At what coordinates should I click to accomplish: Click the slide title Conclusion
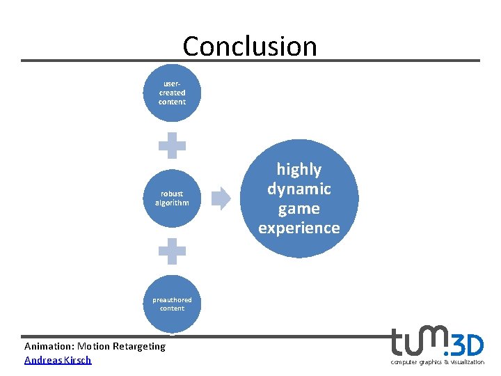(x=250, y=46)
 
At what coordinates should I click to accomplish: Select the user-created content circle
(x=172, y=93)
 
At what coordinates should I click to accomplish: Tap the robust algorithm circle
(x=172, y=198)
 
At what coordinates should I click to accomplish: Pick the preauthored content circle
(x=172, y=304)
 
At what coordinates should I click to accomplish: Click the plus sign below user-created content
(x=172, y=146)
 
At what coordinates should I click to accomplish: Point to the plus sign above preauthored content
(x=172, y=251)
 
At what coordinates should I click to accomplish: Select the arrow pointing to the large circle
(x=221, y=198)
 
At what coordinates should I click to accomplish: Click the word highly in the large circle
(x=299, y=169)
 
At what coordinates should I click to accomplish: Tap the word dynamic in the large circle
(x=299, y=189)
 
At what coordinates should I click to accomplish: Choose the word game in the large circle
(x=299, y=208)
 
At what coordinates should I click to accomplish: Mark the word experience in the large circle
(x=299, y=228)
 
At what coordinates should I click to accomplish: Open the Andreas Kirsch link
(x=58, y=360)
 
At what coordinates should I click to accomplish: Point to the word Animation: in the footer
(x=49, y=346)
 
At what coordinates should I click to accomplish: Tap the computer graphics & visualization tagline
(x=437, y=362)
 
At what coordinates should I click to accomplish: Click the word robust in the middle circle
(x=172, y=194)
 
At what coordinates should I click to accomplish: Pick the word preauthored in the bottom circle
(x=172, y=300)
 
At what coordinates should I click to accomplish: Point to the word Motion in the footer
(x=94, y=346)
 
